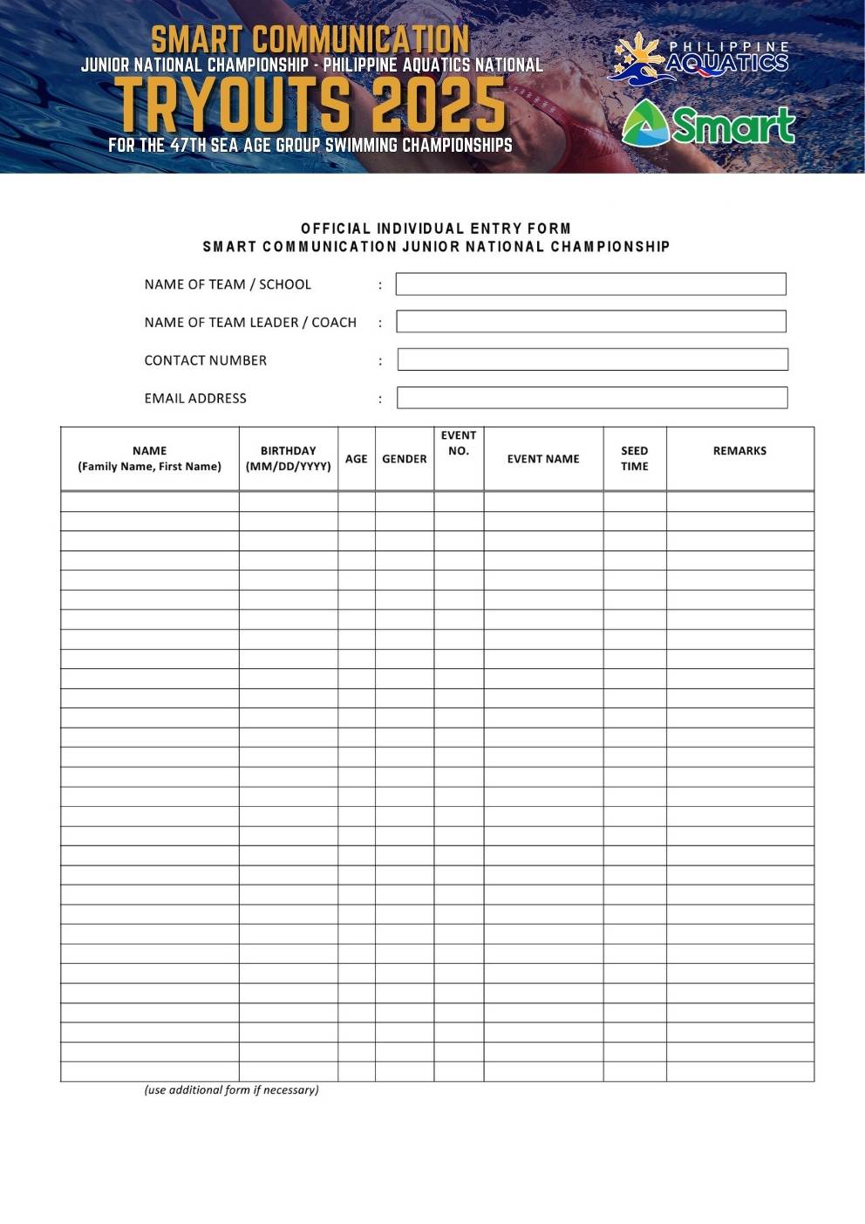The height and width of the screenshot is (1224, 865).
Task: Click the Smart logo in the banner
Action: [708, 124]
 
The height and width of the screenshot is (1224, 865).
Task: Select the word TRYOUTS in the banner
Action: [235, 105]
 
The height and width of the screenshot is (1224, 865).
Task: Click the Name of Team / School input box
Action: [590, 284]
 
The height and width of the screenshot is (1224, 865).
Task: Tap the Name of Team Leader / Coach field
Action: [590, 321]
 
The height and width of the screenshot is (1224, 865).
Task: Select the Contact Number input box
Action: [592, 359]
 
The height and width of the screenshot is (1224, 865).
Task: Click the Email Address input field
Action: [591, 398]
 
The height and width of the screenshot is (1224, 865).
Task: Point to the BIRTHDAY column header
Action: [288, 458]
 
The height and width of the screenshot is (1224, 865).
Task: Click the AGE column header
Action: [356, 459]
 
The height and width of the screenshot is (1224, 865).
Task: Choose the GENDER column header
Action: [404, 459]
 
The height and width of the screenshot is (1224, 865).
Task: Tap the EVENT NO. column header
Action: [458, 443]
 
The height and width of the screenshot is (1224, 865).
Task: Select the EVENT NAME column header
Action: [542, 459]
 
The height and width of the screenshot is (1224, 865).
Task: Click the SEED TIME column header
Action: [634, 458]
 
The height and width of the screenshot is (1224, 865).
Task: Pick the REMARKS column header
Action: [739, 451]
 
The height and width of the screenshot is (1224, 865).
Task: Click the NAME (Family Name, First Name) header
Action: [149, 458]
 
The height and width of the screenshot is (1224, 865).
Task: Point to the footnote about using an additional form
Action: [231, 1090]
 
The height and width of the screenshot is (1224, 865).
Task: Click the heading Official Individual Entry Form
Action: [435, 229]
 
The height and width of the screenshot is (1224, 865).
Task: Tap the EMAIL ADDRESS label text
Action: [195, 399]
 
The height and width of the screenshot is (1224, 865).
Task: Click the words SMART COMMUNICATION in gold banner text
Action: [310, 39]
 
